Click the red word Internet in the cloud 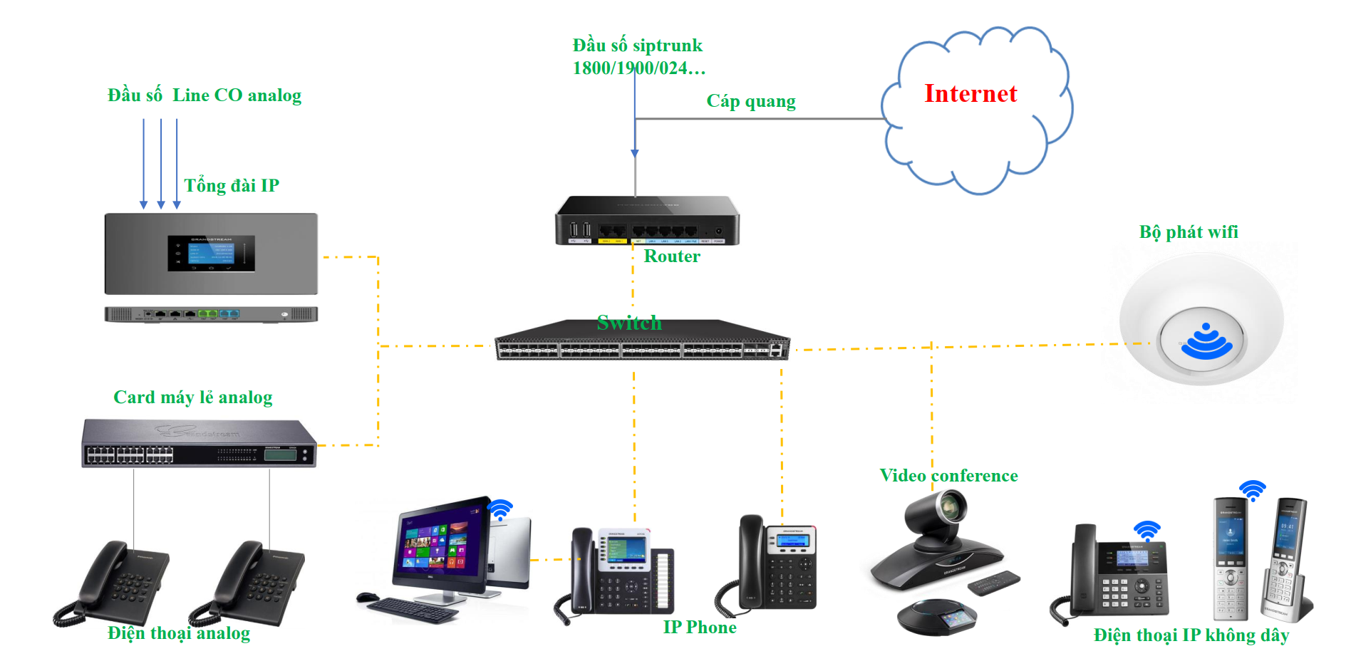point(970,94)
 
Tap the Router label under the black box point(671,256)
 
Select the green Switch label point(629,323)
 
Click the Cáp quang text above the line point(750,101)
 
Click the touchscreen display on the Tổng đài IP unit point(211,254)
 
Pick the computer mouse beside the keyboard point(368,597)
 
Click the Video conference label point(948,476)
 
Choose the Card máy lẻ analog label point(192,397)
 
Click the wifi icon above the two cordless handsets point(1252,490)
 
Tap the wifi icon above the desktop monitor point(500,509)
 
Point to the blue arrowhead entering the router point(635,152)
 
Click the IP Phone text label point(699,628)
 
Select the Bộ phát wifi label point(1188,232)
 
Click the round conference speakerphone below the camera point(936,616)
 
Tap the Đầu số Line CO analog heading point(205,95)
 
